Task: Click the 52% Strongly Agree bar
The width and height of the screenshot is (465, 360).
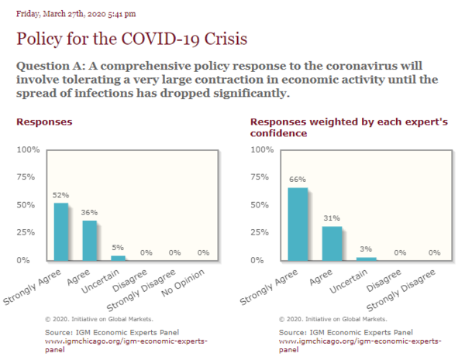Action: point(61,231)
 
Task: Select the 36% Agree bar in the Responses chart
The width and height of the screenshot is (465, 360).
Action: point(90,241)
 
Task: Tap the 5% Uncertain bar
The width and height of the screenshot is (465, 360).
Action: point(118,258)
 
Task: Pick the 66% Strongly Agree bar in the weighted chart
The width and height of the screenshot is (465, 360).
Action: point(298,224)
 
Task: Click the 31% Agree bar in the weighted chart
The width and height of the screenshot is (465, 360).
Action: point(332,244)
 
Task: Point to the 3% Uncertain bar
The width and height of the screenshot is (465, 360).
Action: point(367,259)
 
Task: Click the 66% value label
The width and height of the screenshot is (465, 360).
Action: point(298,180)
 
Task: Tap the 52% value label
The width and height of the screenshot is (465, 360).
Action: point(60,195)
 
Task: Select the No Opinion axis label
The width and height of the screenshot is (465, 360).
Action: point(183,283)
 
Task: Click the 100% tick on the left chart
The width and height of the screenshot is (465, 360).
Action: point(28,149)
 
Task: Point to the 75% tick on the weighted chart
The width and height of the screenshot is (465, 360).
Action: point(260,177)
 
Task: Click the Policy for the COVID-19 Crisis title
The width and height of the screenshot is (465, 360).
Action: point(132,39)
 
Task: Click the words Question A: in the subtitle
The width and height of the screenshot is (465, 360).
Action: point(50,66)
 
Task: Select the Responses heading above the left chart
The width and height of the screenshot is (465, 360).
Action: point(44,122)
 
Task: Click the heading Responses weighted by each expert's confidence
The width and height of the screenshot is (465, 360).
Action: point(349,128)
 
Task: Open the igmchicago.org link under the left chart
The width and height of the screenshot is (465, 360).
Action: point(126,345)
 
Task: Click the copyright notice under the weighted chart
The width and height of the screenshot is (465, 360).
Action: point(333,319)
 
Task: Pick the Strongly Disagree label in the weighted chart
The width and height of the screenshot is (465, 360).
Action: point(401,290)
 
